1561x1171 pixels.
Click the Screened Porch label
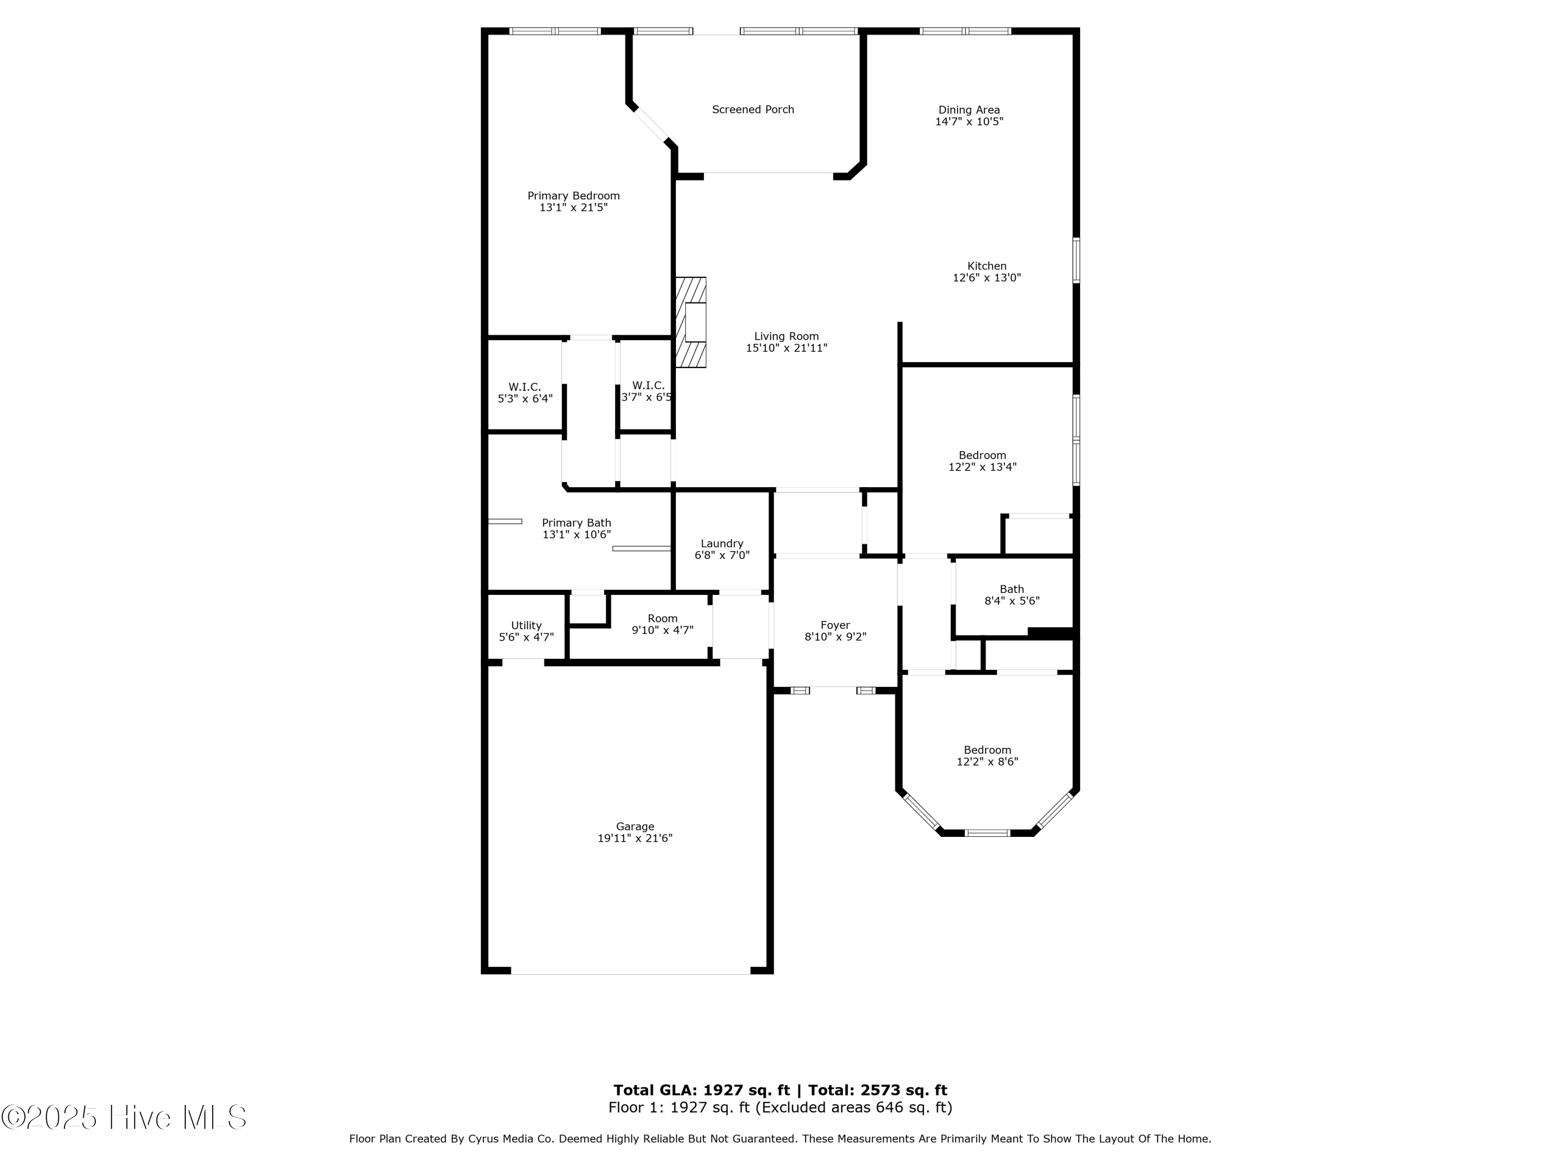[752, 109]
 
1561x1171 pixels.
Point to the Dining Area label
[968, 109]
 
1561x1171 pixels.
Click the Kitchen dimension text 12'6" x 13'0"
[986, 277]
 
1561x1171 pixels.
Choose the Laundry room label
[721, 543]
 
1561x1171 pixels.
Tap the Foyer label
[835, 625]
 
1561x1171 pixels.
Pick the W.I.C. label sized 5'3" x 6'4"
[524, 387]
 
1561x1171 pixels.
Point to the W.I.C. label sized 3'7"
[648, 386]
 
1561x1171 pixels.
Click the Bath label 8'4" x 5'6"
[1011, 589]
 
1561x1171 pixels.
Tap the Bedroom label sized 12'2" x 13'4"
[982, 455]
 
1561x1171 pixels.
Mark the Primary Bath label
[576, 523]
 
